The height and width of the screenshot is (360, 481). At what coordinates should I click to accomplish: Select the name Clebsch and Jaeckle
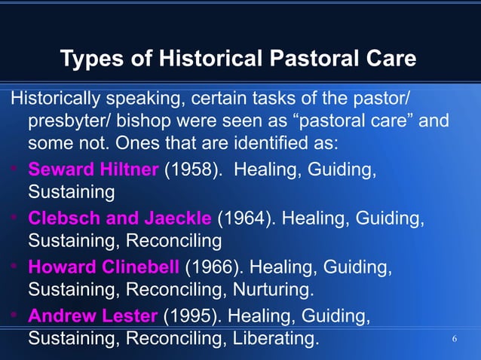pos(120,218)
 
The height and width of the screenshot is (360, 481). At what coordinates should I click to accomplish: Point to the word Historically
pos(55,99)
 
